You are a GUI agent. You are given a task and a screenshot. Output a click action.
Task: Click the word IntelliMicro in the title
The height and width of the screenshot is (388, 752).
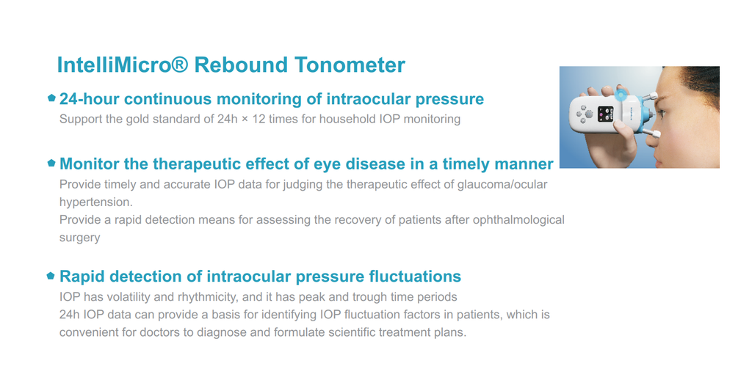coord(114,65)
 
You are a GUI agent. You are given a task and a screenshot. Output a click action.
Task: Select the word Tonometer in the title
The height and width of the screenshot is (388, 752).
coord(350,65)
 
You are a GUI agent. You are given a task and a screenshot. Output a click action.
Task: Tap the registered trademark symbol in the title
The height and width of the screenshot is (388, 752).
coord(179,64)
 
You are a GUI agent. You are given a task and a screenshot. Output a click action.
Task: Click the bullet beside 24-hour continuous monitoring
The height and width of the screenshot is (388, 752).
coord(52,98)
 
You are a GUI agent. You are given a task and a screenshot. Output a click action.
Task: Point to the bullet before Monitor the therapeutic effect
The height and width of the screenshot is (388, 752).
coord(52,163)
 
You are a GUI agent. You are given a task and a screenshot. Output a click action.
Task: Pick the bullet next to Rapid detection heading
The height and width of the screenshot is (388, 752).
coord(51,276)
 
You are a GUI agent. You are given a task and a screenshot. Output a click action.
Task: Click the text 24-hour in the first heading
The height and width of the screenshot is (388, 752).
coord(90,99)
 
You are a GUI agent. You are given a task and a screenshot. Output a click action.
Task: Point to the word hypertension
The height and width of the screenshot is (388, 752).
coord(95,202)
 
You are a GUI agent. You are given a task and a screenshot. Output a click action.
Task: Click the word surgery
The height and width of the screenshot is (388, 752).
coord(79,238)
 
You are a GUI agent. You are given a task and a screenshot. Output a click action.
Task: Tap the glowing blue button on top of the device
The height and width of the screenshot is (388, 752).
coord(621,95)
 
